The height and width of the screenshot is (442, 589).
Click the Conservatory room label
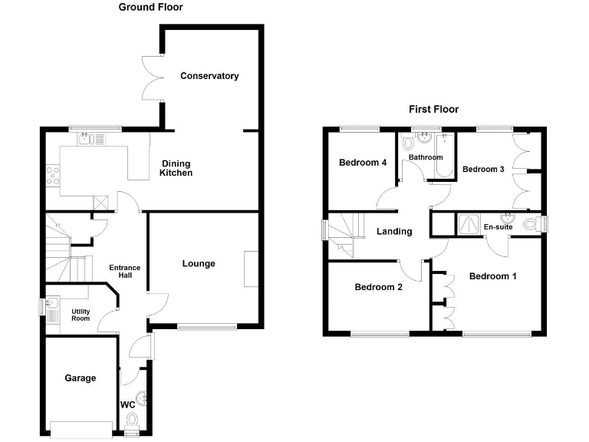tap(209, 76)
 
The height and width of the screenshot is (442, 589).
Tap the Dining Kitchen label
tap(176, 168)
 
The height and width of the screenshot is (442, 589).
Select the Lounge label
tap(199, 264)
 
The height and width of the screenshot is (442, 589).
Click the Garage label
tap(81, 378)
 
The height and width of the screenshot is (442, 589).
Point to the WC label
tap(127, 404)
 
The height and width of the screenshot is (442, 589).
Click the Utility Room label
tap(81, 315)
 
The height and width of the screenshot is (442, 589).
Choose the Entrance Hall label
tap(124, 272)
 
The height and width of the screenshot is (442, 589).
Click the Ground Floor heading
tap(150, 8)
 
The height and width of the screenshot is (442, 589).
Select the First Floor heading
tap(433, 110)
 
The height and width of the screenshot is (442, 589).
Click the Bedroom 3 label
tap(483, 169)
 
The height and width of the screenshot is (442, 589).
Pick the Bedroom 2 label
tap(379, 288)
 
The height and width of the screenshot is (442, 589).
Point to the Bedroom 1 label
tap(493, 276)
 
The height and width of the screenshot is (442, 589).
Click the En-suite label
tap(498, 227)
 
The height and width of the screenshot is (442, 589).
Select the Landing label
tap(394, 232)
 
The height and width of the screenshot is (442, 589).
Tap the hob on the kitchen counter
tap(54, 176)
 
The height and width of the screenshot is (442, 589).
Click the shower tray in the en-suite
tap(467, 223)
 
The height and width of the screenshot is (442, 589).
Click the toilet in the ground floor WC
tap(131, 420)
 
